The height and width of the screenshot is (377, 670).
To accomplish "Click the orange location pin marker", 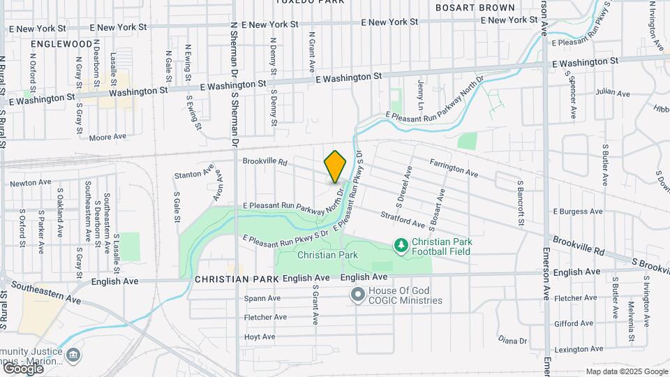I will tap(336, 166).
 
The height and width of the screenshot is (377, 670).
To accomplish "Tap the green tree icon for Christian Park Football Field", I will tap(401, 245).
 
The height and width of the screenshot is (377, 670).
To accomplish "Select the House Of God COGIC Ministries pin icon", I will tap(358, 295).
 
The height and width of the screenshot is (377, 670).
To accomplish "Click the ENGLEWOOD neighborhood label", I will tap(61, 43).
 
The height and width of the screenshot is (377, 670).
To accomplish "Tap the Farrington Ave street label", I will tap(454, 167).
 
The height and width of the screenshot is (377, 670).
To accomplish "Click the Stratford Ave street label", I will tap(403, 219).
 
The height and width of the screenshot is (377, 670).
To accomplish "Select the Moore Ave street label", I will tap(107, 137).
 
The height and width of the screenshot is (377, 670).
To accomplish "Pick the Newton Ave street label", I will tap(31, 183).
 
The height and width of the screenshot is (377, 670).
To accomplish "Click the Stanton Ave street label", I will tap(192, 175).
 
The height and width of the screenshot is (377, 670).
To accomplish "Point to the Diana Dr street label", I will tap(513, 340).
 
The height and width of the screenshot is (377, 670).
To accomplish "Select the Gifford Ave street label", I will tap(574, 324).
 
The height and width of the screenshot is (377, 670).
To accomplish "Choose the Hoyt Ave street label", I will tap(260, 337).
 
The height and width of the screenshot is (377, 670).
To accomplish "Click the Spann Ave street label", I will tap(262, 298).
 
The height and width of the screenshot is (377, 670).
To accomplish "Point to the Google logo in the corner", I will tap(22, 368).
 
